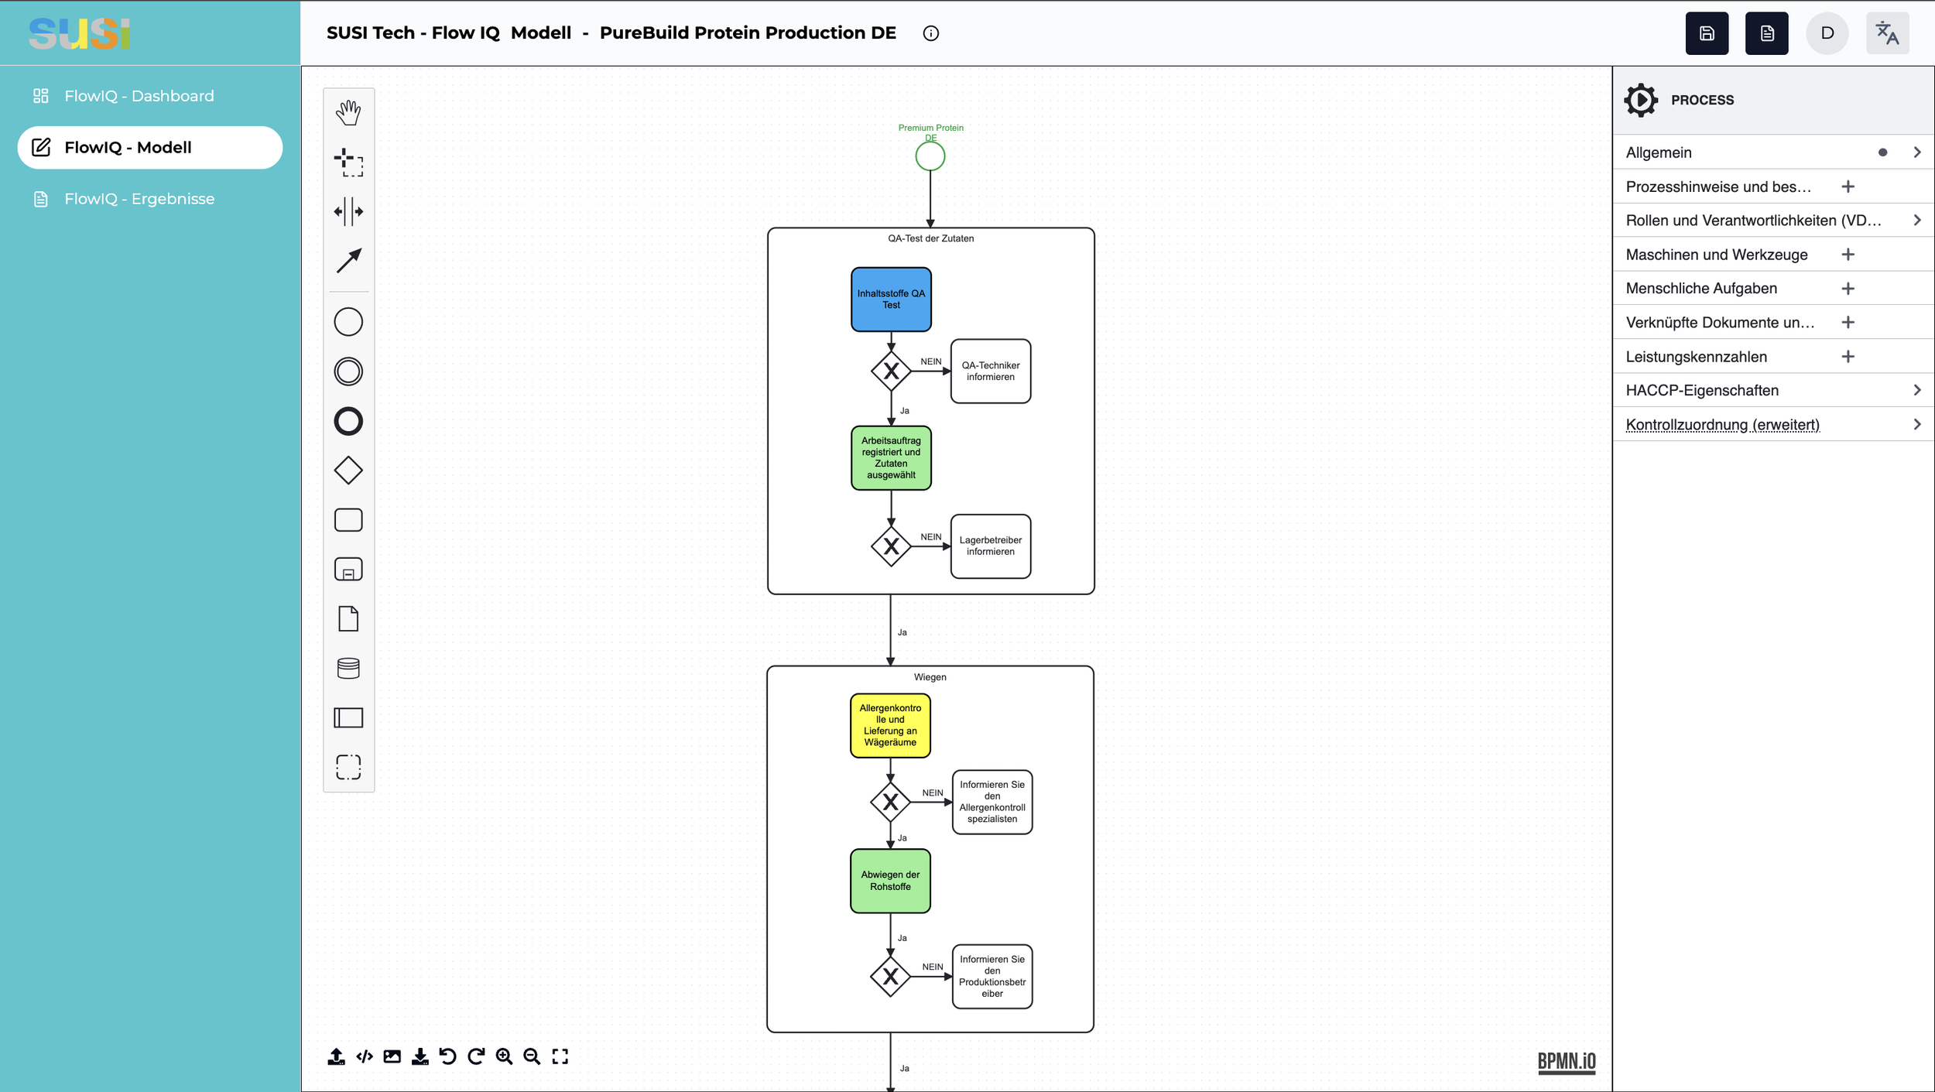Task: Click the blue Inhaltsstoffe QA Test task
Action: click(891, 300)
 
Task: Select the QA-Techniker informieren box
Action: click(991, 371)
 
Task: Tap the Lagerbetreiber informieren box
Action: click(991, 546)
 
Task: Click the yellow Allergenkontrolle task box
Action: click(890, 725)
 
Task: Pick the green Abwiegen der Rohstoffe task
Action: click(890, 881)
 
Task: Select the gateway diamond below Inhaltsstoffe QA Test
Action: click(891, 371)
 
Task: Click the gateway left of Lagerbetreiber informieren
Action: click(891, 546)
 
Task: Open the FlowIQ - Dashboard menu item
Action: click(139, 96)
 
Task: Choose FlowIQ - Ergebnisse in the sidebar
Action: click(139, 199)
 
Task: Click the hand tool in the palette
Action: click(348, 112)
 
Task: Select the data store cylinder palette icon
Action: click(348, 668)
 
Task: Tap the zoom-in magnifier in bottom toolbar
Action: click(504, 1056)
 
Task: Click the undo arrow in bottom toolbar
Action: click(447, 1056)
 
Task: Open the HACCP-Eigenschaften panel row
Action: click(1773, 390)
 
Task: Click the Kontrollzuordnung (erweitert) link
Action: click(1722, 424)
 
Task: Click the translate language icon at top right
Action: click(1887, 33)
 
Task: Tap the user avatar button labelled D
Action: click(1827, 33)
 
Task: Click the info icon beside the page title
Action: click(930, 33)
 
